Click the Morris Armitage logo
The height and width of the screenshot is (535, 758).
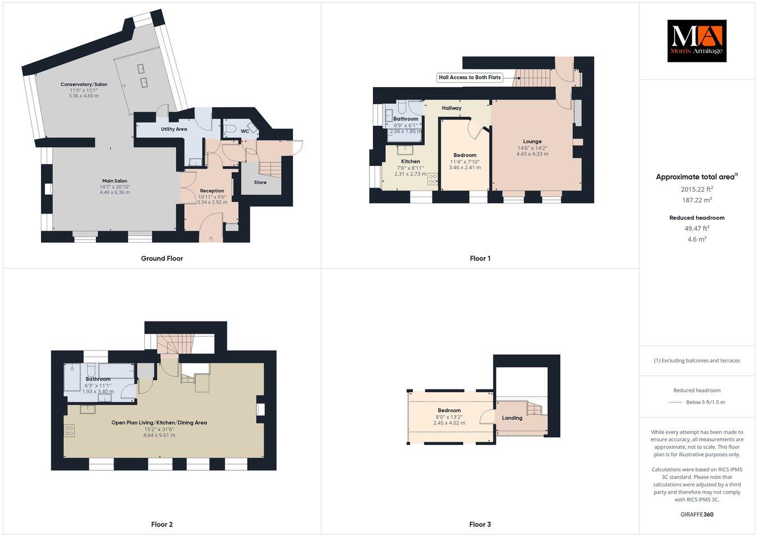696,40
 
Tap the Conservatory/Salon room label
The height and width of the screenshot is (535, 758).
84,84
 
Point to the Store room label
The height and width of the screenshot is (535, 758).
260,182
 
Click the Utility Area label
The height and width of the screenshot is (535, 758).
173,129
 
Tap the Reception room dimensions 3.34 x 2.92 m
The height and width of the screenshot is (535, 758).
212,202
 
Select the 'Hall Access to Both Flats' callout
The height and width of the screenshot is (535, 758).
469,78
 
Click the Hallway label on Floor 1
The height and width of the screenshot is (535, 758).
451,108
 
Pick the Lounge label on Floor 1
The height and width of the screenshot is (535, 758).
532,142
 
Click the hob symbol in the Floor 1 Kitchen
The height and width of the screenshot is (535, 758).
432,179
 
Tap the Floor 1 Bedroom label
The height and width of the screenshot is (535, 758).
465,155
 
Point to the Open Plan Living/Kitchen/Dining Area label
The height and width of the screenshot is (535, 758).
159,423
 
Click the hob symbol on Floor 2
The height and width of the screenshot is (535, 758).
70,430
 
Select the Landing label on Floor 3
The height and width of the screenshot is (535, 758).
512,418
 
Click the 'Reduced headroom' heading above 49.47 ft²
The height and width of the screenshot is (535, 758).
696,217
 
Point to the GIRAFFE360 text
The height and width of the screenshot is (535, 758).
697,514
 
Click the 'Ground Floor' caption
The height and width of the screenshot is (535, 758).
162,259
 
